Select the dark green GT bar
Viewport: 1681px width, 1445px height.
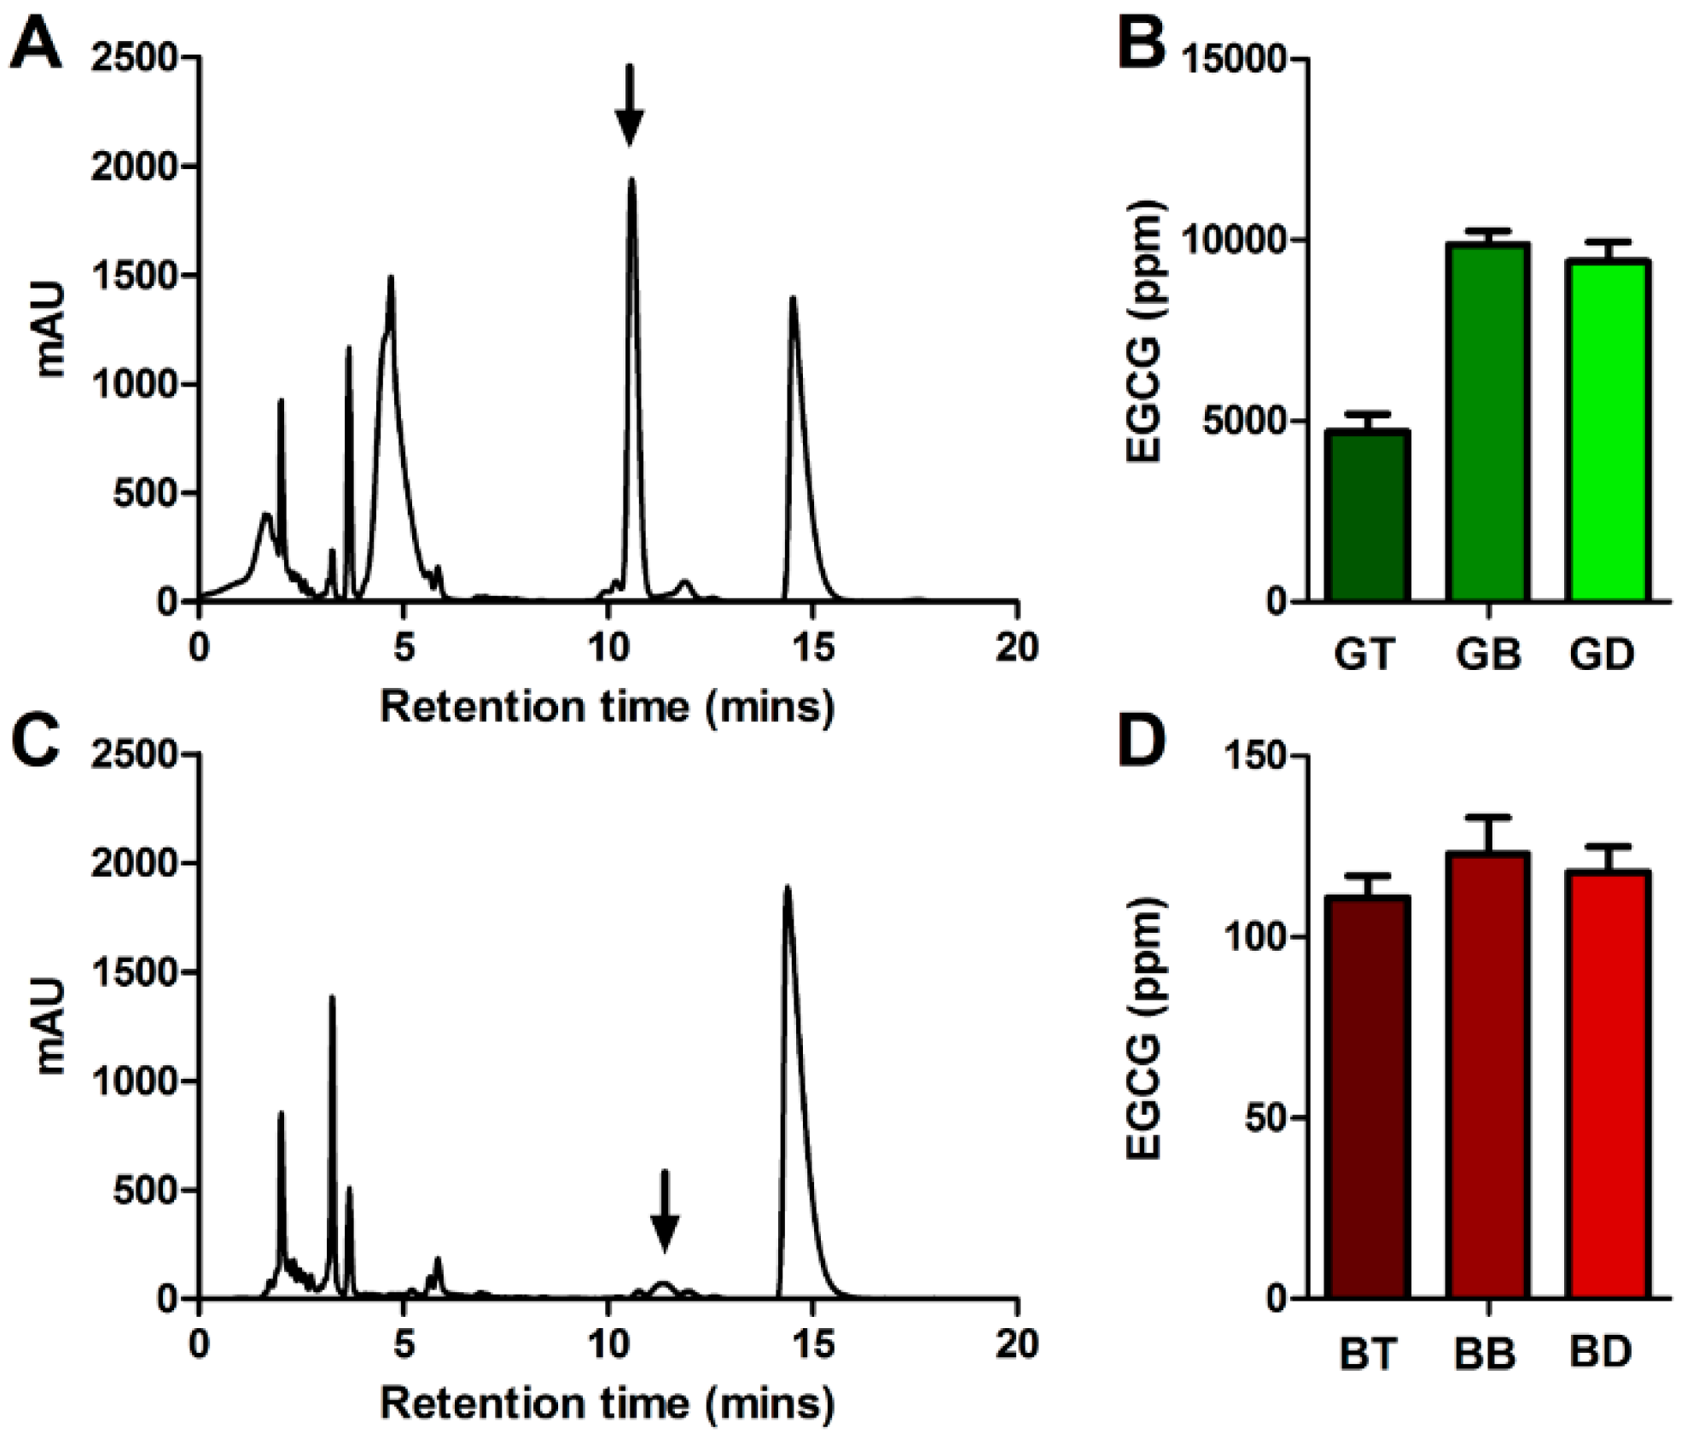pos(1367,516)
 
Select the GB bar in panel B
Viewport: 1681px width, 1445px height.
pos(1487,422)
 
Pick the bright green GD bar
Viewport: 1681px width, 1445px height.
pos(1608,430)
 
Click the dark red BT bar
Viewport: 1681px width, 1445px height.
pos(1367,1098)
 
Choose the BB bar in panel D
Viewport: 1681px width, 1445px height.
pos(1487,1075)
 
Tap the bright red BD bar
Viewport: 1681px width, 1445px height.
pos(1608,1084)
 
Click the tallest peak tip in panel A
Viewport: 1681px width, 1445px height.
pos(631,181)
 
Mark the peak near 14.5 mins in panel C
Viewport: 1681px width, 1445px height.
pos(787,889)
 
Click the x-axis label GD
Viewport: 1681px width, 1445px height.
pos(1601,655)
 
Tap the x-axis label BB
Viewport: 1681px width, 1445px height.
pos(1486,1354)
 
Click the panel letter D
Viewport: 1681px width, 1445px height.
pos(1141,743)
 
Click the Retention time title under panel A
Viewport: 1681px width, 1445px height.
pos(607,708)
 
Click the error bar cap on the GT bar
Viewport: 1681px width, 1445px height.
pos(1367,414)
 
